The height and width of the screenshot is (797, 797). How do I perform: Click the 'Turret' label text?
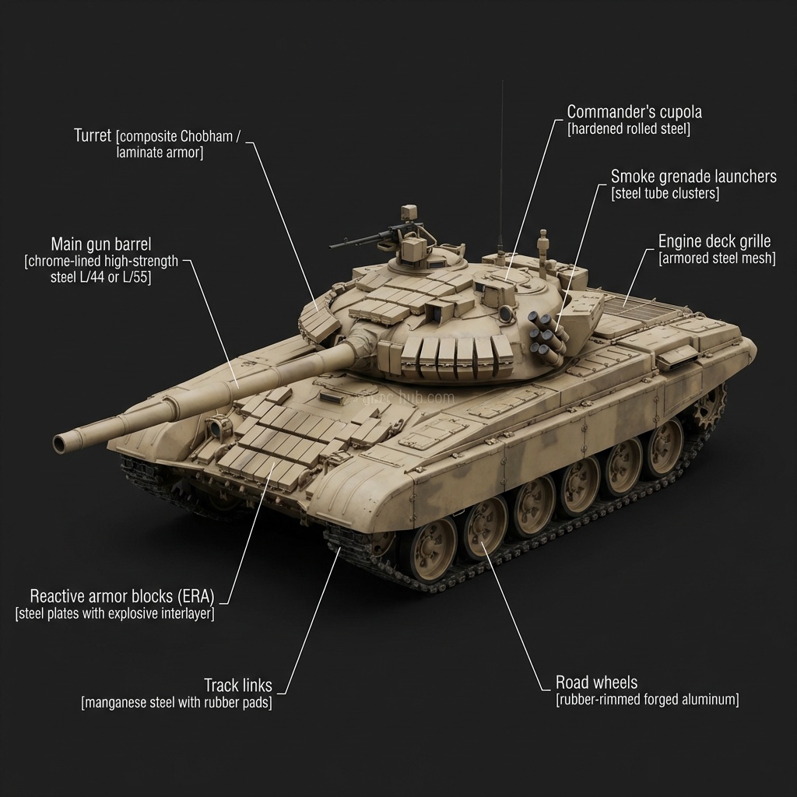(93, 135)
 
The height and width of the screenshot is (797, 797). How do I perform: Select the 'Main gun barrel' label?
(101, 244)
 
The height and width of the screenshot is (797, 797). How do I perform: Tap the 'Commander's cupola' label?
(634, 112)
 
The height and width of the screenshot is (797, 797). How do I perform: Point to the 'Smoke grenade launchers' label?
(693, 177)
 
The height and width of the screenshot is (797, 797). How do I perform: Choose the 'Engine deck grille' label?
(714, 241)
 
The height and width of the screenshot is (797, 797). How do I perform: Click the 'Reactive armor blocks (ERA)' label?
(122, 595)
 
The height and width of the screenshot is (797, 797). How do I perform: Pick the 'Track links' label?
(238, 685)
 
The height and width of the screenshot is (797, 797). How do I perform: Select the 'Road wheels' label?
(596, 682)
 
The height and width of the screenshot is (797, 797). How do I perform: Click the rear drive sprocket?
(708, 406)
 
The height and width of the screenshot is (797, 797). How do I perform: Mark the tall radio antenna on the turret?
(502, 168)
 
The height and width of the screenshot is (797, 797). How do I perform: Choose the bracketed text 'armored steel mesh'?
(717, 258)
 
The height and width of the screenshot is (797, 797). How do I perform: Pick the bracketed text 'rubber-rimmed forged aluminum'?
(647, 700)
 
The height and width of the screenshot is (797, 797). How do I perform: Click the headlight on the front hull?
(217, 425)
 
